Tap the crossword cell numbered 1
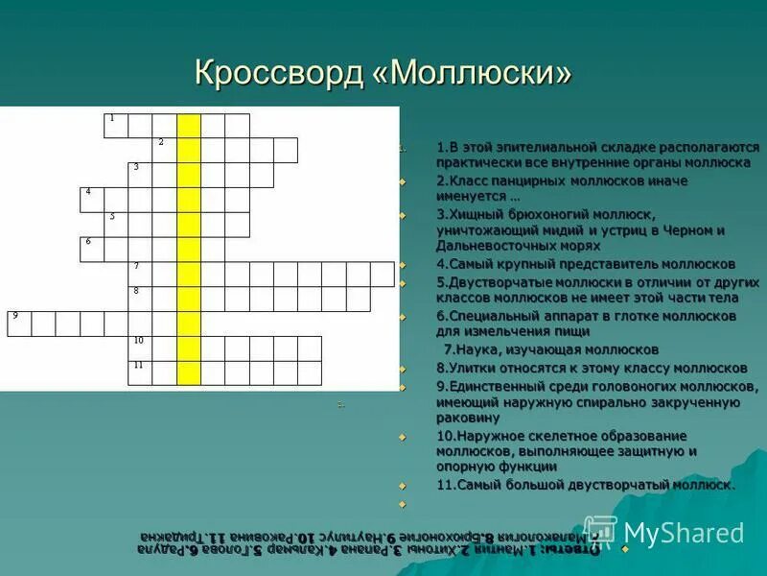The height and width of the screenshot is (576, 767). tap(116, 126)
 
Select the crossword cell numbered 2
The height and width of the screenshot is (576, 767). tap(164, 150)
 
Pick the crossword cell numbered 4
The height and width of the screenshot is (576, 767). tap(92, 199)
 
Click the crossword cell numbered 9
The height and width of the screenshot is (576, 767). tap(19, 323)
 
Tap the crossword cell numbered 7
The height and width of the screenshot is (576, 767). tap(140, 274)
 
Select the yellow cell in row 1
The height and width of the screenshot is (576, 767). tap(189, 126)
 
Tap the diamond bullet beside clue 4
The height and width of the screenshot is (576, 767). tap(403, 264)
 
